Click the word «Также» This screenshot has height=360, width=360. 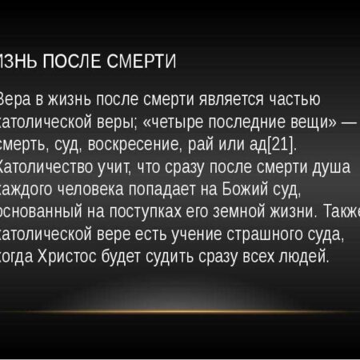[338, 214]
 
